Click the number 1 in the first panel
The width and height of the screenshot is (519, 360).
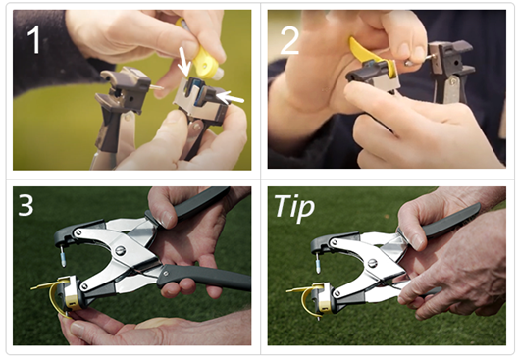pos(34,39)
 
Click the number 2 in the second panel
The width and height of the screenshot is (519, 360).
pos(289,40)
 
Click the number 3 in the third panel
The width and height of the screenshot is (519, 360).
pos(26,204)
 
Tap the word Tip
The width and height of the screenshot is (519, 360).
pos(294,208)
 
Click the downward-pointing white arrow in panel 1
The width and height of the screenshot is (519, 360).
pos(183,62)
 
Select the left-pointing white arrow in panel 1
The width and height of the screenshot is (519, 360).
pos(230,97)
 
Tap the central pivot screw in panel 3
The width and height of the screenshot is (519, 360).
pos(120,250)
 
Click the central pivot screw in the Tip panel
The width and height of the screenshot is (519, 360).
pos(373,264)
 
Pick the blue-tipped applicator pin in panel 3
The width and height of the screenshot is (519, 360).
pos(62,256)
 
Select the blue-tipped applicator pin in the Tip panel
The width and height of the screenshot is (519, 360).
pos(318,264)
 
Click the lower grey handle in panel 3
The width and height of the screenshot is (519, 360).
pos(203,278)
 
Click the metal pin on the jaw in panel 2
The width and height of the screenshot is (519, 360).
pos(418,60)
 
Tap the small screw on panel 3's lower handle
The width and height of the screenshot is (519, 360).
pos(166,274)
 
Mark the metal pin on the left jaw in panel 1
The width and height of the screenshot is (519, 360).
pos(155,87)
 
